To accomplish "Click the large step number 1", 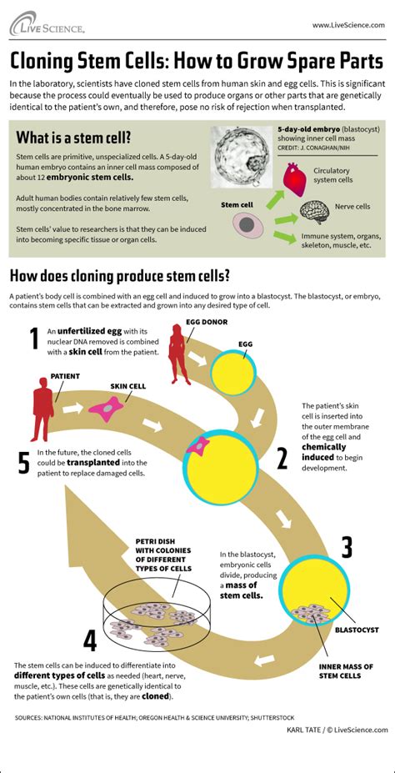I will [34, 339].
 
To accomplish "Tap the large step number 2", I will [281, 457].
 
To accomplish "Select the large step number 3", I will [346, 547].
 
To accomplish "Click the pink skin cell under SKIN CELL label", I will [107, 408].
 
